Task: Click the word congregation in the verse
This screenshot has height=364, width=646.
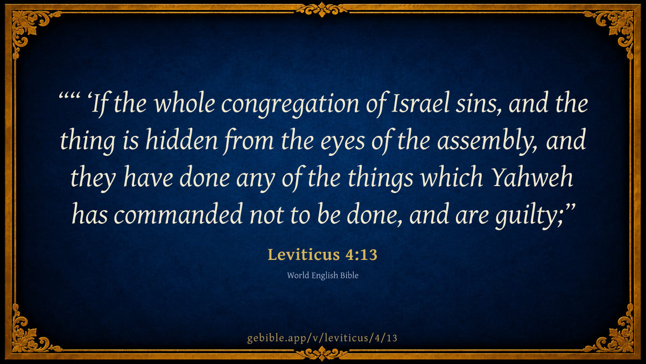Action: (290, 105)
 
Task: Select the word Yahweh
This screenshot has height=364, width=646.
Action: (531, 177)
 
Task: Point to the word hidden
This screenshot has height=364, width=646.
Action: (181, 140)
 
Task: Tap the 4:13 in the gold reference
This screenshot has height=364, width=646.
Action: (361, 255)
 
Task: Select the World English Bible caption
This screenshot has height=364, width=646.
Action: (322, 276)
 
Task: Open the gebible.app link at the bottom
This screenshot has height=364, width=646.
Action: (322, 338)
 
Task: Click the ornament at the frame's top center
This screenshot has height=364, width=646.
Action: (322, 9)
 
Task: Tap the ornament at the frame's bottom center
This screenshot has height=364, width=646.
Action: (322, 354)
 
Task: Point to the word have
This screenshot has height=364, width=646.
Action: (148, 177)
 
